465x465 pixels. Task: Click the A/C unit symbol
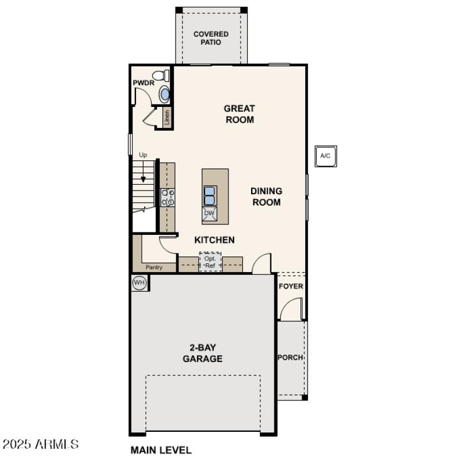click(x=325, y=156)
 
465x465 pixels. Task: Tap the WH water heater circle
click(x=139, y=282)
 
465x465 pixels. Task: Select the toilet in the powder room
click(x=161, y=76)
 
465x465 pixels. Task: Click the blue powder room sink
click(x=165, y=94)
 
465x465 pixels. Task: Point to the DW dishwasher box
click(x=210, y=213)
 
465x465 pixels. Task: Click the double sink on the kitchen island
click(x=210, y=195)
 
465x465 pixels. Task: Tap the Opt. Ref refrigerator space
click(x=210, y=262)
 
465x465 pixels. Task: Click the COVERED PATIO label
click(x=211, y=38)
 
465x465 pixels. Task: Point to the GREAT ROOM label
click(x=239, y=114)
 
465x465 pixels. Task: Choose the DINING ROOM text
click(x=266, y=196)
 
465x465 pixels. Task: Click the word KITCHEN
click(x=214, y=239)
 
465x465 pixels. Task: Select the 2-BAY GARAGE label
click(x=202, y=353)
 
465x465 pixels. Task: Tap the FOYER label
click(x=291, y=287)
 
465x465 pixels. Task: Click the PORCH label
click(x=290, y=357)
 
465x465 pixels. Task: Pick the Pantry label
click(x=154, y=267)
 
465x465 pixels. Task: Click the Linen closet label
click(x=167, y=117)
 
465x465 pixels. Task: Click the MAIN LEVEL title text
click(x=161, y=450)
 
